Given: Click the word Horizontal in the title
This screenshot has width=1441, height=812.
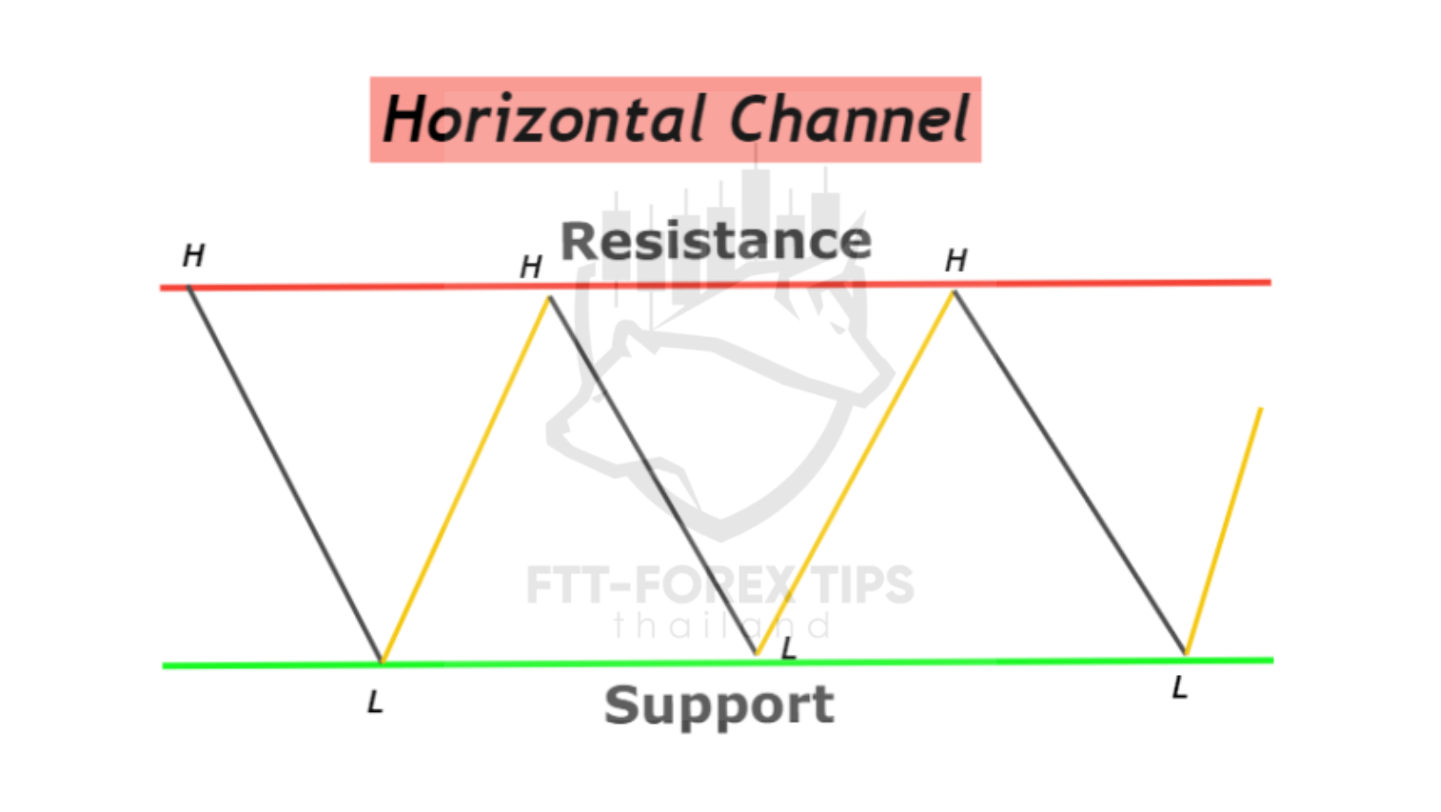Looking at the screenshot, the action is click(x=544, y=119).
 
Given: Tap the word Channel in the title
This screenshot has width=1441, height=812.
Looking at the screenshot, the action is click(x=849, y=119).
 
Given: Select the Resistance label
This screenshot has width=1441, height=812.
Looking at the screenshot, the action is click(x=716, y=242).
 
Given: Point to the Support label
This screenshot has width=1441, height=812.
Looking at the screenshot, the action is click(x=720, y=706).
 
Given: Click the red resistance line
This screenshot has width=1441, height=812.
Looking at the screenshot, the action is click(x=715, y=285).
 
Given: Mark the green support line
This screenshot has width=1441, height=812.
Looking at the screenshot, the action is click(x=718, y=663).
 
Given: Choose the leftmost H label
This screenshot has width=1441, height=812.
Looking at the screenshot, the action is click(x=193, y=256).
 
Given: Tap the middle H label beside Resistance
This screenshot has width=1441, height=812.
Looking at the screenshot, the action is click(x=531, y=267).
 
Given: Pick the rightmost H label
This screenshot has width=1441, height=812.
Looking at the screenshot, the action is click(x=956, y=261).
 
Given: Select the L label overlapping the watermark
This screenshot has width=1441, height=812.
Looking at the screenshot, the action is click(x=789, y=649).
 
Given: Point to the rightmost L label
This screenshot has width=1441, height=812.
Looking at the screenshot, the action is click(x=1180, y=687).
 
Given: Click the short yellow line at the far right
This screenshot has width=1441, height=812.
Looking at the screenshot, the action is click(x=1223, y=532).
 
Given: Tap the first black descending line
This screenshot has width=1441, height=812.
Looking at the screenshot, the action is click(x=285, y=475).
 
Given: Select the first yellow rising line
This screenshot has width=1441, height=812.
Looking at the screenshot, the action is click(x=465, y=479).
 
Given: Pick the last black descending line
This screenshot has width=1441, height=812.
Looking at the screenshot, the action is click(x=1069, y=473).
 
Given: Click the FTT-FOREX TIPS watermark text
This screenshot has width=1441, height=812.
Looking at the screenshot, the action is click(x=720, y=585).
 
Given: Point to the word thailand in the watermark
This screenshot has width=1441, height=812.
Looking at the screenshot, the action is click(x=721, y=626).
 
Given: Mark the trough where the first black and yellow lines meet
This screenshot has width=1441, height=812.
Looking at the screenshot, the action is click(x=381, y=661).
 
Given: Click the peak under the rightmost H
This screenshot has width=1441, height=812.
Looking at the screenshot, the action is click(x=954, y=292).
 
